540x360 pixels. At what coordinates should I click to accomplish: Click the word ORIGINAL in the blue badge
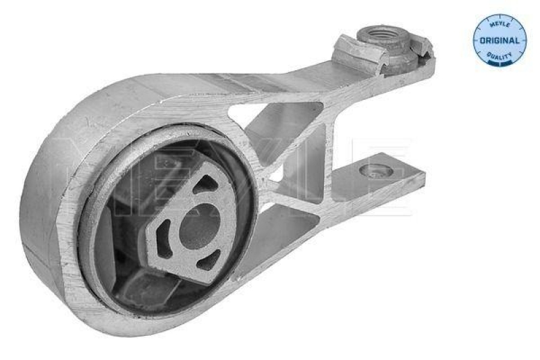500,41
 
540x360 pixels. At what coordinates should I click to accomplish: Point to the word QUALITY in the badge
500,54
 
